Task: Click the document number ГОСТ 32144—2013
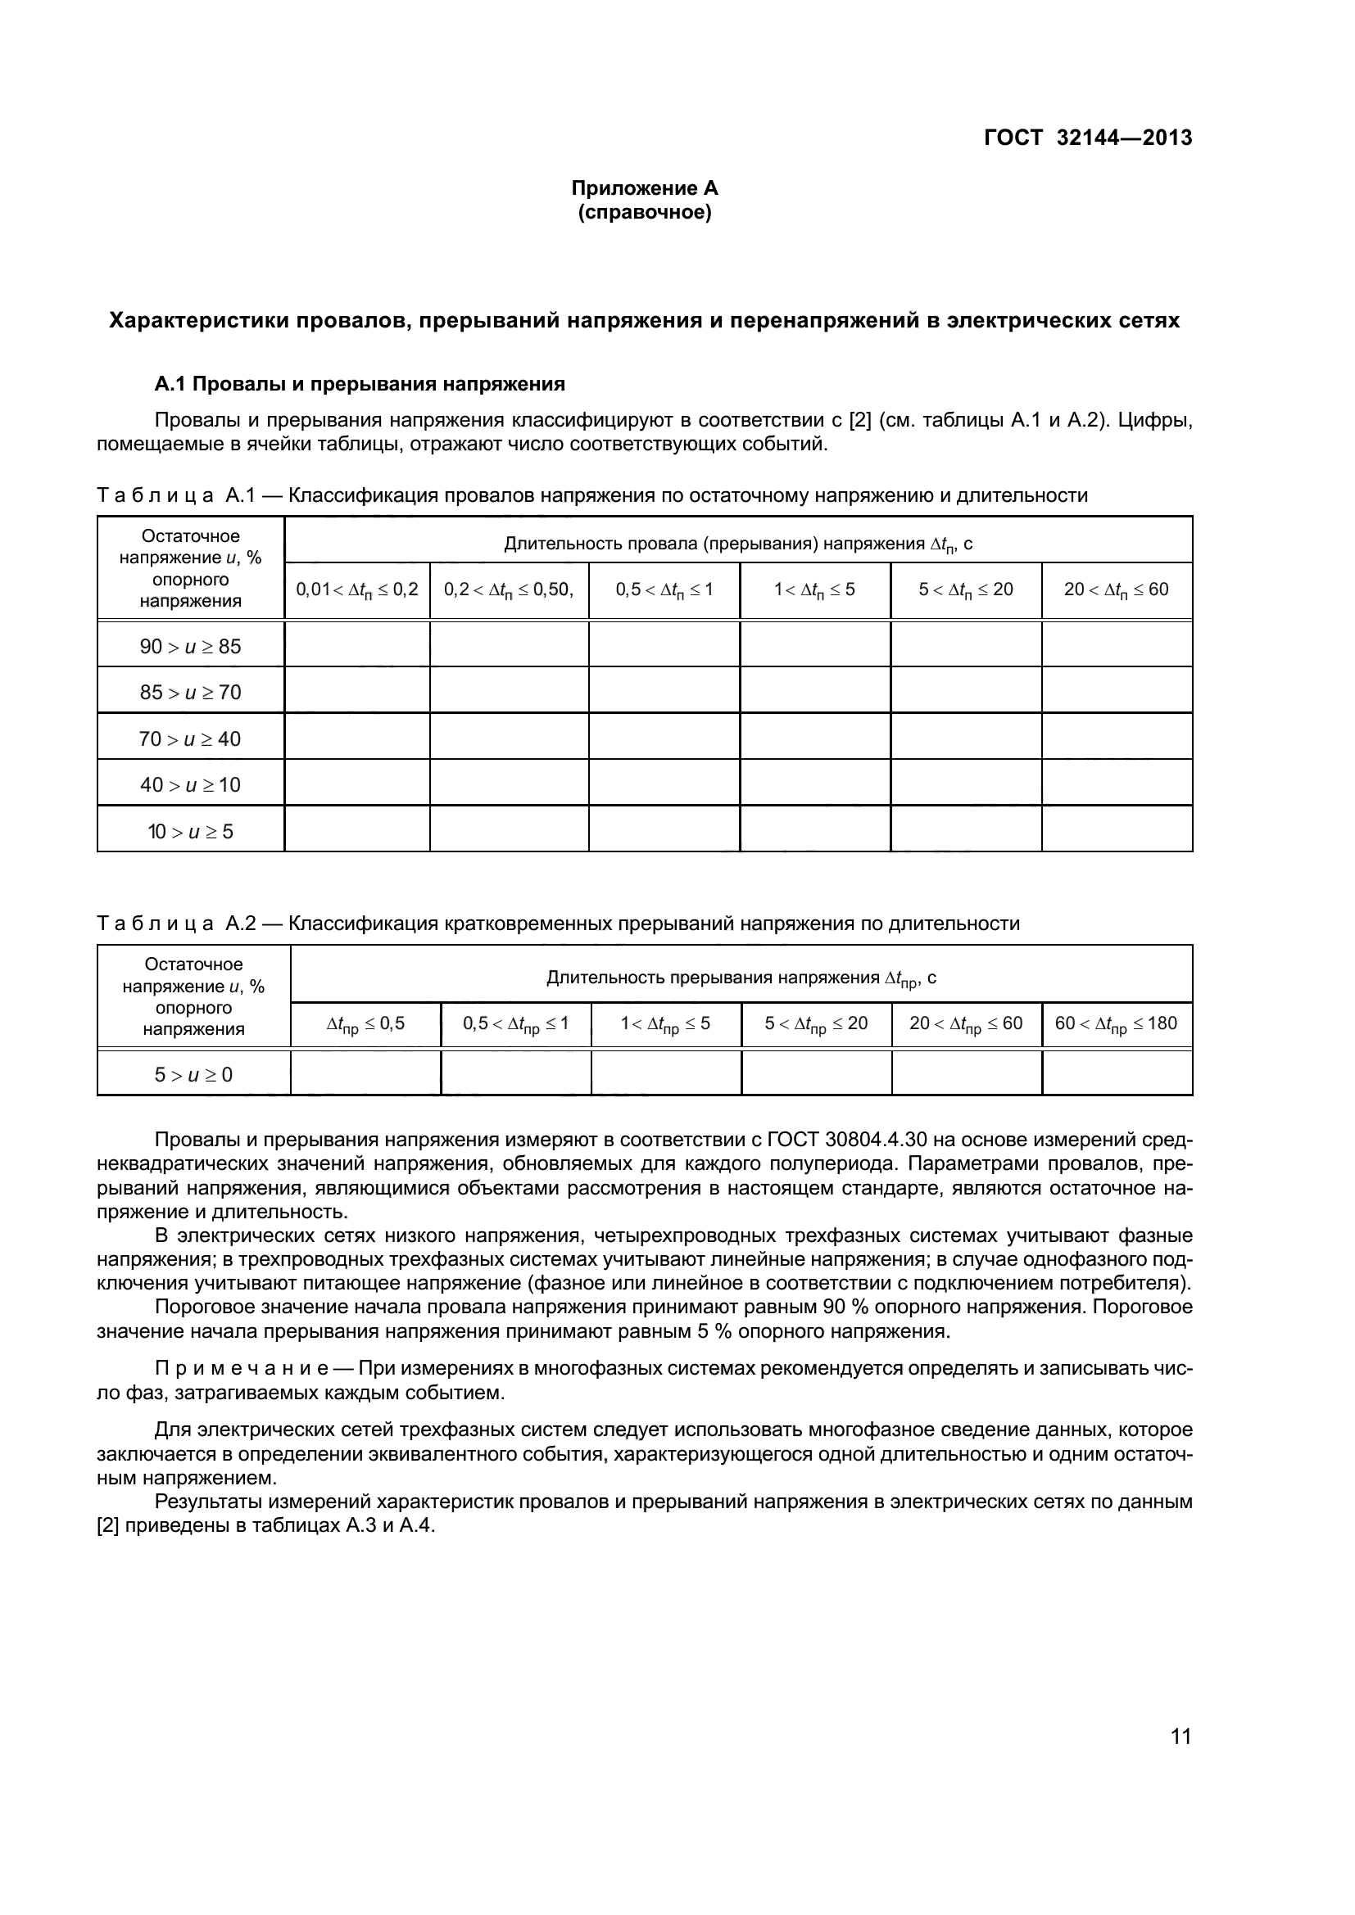coord(1087,138)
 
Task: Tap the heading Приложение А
coord(644,188)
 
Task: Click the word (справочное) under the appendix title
coord(644,213)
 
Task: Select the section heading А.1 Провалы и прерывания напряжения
coord(360,384)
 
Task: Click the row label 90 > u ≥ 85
coord(190,647)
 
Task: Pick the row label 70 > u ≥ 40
coord(190,739)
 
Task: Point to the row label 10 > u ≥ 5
coord(190,832)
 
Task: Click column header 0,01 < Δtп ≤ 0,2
coord(357,590)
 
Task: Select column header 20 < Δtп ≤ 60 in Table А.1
coord(1117,590)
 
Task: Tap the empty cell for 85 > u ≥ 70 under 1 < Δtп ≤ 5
coord(814,689)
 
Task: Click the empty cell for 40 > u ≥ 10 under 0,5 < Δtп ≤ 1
coord(664,783)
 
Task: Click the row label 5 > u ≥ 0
coord(193,1075)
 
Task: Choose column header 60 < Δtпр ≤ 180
coord(1117,1024)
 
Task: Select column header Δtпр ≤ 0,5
coord(365,1024)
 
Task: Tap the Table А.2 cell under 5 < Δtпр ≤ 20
coord(816,1073)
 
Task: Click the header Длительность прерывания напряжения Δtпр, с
coord(741,978)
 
